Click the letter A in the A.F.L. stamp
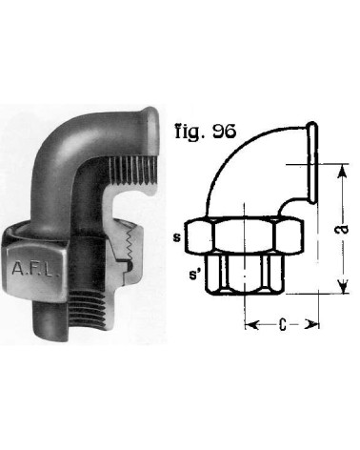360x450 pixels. click(x=16, y=269)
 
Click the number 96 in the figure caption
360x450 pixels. click(x=224, y=131)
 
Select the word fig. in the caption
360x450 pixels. click(x=190, y=133)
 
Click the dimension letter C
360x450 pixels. click(x=283, y=324)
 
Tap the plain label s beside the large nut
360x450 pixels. click(x=177, y=237)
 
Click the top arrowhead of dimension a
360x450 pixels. click(x=343, y=173)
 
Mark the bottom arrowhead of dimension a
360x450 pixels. click(x=343, y=286)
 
